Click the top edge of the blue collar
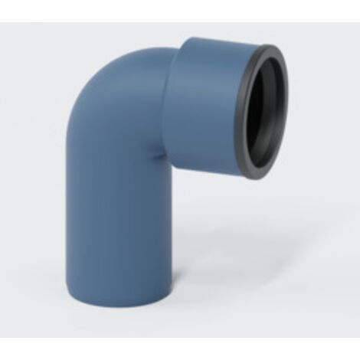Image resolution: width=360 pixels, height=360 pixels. pyautogui.click(x=214, y=41)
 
